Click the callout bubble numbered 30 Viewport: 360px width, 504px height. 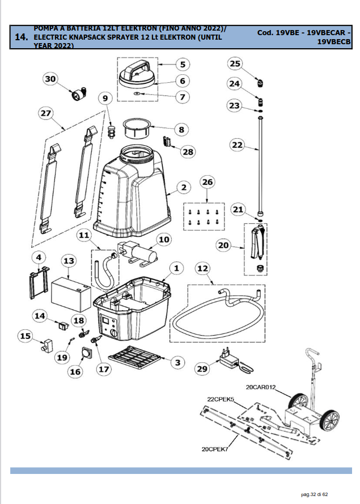52,80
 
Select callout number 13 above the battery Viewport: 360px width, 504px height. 69,261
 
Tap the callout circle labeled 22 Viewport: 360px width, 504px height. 237,145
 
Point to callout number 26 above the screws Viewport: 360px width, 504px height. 207,183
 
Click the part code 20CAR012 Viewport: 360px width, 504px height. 260,388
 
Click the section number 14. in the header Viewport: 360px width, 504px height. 21,38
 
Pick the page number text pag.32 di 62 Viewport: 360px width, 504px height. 320,494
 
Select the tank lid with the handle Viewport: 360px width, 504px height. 138,74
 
